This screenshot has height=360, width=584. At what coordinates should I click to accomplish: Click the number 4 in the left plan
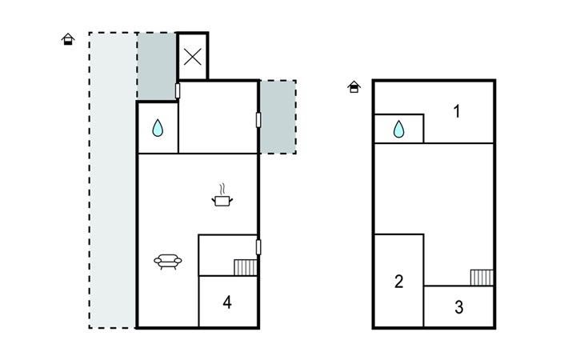[x=227, y=302]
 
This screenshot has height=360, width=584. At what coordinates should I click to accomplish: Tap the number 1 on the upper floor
[x=457, y=111]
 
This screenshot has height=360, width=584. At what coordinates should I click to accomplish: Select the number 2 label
[x=399, y=282]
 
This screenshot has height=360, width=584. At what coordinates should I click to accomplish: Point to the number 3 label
[x=459, y=307]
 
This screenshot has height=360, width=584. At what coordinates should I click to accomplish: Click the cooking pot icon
[x=222, y=201]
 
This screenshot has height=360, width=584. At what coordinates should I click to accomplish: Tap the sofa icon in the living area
[x=168, y=262]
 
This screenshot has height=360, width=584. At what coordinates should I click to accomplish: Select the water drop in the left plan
[x=158, y=128]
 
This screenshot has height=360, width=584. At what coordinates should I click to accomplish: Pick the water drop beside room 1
[x=399, y=129]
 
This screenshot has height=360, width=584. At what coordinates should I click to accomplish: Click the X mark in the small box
[x=193, y=57]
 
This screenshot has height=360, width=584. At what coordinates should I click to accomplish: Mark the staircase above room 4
[x=246, y=267]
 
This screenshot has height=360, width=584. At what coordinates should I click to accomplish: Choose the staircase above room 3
[x=482, y=278]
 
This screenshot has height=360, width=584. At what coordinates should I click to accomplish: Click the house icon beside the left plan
[x=68, y=39]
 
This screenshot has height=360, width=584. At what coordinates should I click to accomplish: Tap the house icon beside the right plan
[x=354, y=86]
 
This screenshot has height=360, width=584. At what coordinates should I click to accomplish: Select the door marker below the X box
[x=178, y=91]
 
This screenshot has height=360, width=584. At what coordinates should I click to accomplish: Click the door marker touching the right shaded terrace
[x=258, y=120]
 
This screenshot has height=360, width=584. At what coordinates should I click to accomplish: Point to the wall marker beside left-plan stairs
[x=258, y=247]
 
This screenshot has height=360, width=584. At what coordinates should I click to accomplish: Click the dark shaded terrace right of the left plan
[x=278, y=117]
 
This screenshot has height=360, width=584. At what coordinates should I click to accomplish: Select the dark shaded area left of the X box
[x=157, y=66]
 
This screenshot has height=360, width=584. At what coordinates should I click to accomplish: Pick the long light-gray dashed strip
[x=113, y=180]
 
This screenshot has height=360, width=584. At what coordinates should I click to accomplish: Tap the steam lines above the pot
[x=222, y=190]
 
